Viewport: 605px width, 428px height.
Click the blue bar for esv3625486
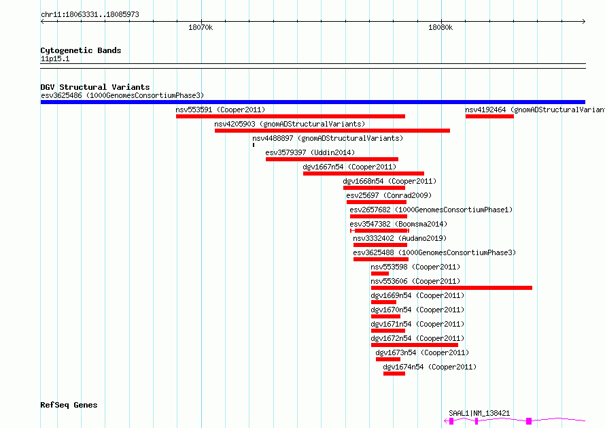313,102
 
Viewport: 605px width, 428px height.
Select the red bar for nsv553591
290,116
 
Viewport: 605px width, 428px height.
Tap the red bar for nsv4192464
489,116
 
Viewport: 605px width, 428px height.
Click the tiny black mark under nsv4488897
254,145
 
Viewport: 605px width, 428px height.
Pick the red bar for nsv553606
451,288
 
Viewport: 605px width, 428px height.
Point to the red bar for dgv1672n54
415,345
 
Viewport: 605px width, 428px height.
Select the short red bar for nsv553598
380,274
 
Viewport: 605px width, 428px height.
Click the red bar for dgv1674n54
394,374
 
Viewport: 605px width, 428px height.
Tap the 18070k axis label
201,27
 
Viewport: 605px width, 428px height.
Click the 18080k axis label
440,27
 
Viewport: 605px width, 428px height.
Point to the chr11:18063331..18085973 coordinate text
90,14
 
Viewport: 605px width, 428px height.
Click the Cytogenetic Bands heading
81,50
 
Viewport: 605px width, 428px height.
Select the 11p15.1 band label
55,59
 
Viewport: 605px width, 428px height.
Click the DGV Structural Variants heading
95,87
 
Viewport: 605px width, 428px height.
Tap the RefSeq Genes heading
69,405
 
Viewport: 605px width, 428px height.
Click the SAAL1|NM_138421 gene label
479,413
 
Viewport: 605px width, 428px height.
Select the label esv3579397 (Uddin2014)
310,152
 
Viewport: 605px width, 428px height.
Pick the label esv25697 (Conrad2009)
389,195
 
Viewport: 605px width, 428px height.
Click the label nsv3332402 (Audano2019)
399,238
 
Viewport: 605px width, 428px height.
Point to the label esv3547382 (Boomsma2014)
398,224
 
